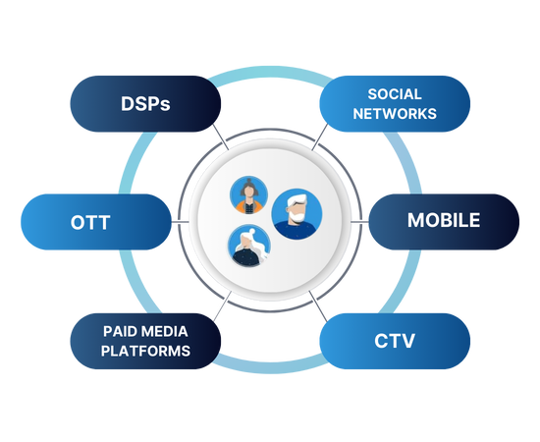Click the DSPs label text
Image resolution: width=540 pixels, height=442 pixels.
(x=145, y=103)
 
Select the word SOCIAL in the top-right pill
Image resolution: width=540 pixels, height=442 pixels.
(x=395, y=94)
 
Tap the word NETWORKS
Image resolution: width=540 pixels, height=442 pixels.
(x=395, y=114)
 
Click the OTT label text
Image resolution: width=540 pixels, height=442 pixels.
(x=90, y=222)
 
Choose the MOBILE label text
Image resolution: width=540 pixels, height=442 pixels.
(x=444, y=220)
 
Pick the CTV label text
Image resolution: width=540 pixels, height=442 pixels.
(x=395, y=341)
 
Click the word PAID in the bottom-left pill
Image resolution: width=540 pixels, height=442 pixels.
(x=118, y=331)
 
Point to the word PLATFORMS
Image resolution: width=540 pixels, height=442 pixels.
(x=145, y=351)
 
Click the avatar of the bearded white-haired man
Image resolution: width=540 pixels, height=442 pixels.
(x=297, y=213)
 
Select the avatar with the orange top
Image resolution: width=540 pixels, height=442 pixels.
(x=248, y=195)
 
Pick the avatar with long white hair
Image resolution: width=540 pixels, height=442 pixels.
(x=249, y=246)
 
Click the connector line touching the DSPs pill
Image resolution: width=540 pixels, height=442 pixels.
(x=220, y=137)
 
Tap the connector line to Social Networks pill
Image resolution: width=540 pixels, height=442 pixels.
(x=320, y=137)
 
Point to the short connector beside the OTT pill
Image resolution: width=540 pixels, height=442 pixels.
(x=180, y=222)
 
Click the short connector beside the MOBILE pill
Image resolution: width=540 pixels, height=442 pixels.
(x=360, y=222)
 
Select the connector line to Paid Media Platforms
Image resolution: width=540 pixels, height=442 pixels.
(x=222, y=306)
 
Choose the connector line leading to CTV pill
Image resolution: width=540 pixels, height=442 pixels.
(x=318, y=306)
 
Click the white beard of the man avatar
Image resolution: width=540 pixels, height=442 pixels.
(x=297, y=216)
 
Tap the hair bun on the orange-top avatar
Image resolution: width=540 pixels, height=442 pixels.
(x=248, y=181)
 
